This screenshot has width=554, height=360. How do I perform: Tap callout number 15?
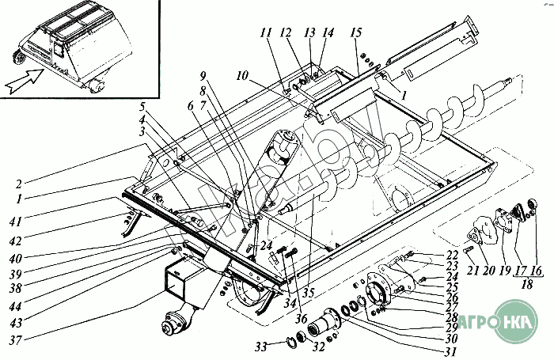click(355, 32)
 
